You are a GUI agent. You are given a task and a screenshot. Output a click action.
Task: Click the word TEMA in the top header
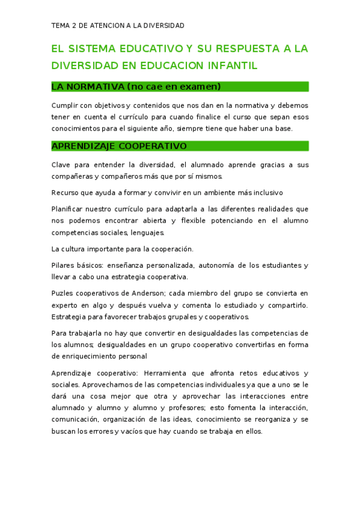[x=60, y=25]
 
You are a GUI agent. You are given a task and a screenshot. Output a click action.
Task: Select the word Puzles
[x=63, y=293]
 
